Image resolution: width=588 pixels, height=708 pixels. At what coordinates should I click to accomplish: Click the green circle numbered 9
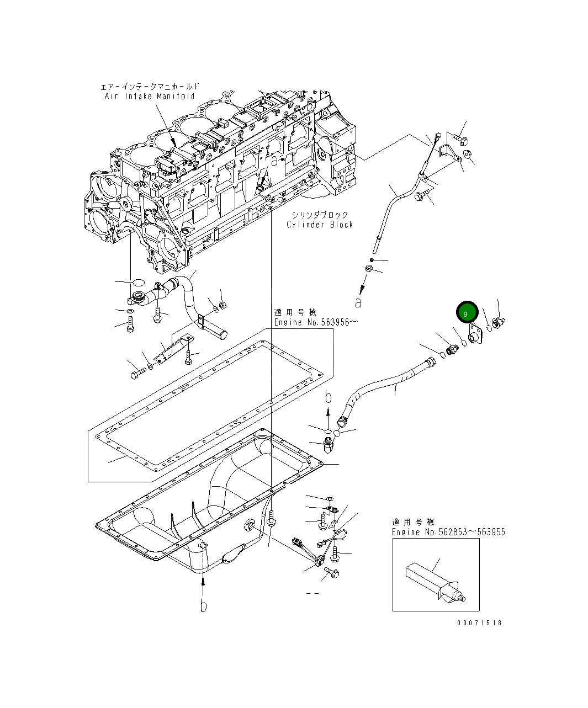[x=467, y=312]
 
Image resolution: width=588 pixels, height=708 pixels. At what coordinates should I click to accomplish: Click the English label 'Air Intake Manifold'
[x=150, y=97]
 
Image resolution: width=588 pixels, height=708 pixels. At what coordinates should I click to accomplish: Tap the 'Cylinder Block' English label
[x=320, y=225]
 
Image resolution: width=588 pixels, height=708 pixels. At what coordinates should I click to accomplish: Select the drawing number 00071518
[x=479, y=623]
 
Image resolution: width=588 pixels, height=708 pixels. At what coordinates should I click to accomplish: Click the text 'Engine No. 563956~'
[x=316, y=322]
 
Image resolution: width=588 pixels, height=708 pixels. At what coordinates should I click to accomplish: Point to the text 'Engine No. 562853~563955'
[x=448, y=531]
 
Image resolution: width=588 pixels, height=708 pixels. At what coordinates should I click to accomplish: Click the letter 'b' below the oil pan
[x=203, y=605]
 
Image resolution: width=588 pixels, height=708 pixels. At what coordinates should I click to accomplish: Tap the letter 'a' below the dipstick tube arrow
[x=358, y=302]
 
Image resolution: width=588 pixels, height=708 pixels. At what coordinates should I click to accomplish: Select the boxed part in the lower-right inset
[x=435, y=583]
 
